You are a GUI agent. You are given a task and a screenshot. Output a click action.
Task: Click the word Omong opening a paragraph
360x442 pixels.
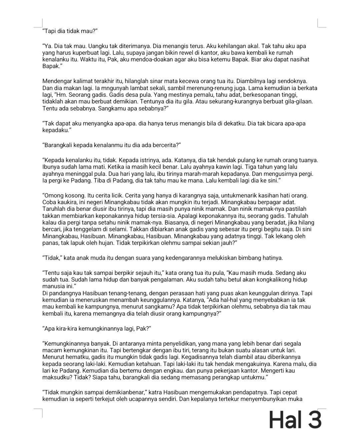pyautogui.click(x=53, y=196)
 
